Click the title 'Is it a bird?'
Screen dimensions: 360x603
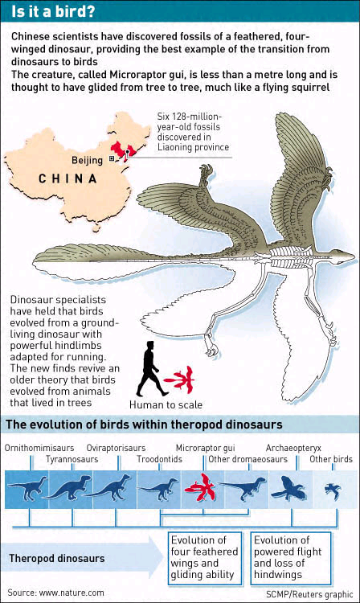53,11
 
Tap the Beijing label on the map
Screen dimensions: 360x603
88,160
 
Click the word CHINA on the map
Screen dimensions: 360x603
67,178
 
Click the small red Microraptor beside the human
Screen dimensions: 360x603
179,379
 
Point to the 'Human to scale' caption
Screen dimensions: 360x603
166,404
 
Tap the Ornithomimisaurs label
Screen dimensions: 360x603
39,448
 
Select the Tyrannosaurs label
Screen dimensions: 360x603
72,459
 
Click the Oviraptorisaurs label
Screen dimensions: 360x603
116,448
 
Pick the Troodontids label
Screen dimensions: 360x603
159,459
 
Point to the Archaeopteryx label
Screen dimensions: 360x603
293,448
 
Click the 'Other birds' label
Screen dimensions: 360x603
331,459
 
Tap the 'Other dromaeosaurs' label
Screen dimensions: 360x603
247,459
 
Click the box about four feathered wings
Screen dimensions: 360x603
205,559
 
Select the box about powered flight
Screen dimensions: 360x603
291,559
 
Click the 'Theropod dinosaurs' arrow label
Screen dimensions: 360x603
57,559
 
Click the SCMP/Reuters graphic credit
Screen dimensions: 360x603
309,594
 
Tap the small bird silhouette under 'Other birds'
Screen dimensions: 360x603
333,490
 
